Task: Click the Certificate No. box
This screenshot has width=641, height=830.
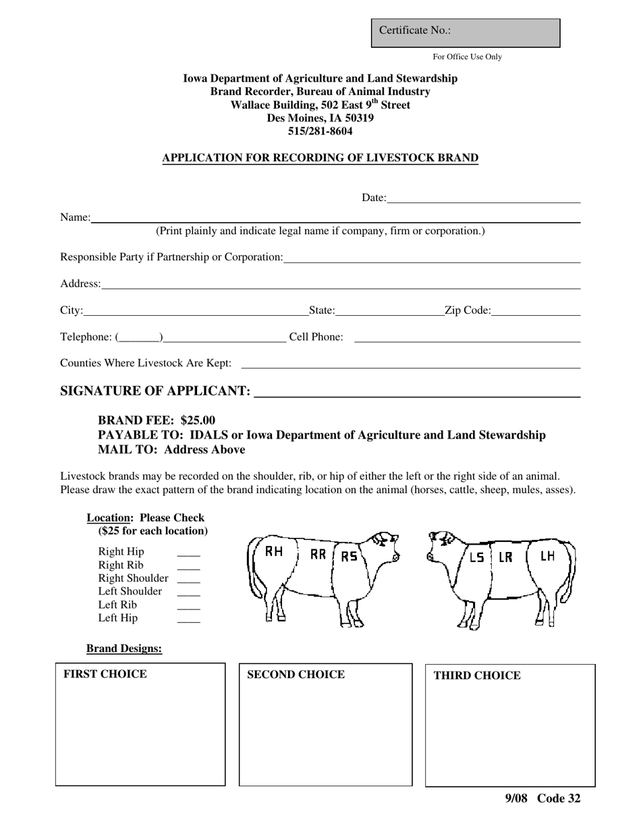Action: point(466,32)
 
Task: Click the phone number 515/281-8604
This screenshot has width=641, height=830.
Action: point(320,131)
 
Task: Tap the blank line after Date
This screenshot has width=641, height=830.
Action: point(483,200)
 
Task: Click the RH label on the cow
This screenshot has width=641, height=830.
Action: point(274,552)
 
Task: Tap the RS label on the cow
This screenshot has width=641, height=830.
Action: point(349,557)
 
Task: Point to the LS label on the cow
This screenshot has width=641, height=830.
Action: point(476,558)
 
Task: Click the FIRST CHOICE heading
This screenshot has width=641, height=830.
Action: point(105,674)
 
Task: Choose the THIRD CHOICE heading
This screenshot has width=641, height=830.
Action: point(476,675)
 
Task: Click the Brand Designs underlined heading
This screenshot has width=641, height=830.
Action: point(124,648)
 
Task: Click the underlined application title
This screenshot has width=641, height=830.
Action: point(320,158)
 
